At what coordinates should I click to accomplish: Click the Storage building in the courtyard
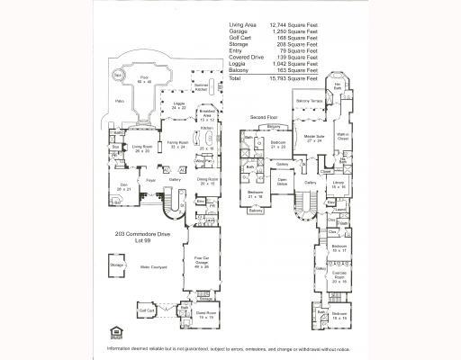[x=116, y=266]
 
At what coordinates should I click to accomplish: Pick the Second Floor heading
[x=263, y=117]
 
